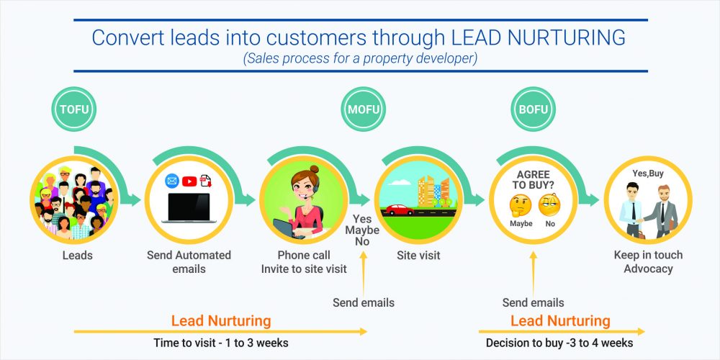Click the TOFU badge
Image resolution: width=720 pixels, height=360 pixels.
(x=73, y=109)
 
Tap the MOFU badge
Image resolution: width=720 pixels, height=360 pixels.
(x=363, y=109)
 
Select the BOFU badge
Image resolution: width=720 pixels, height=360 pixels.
(x=534, y=109)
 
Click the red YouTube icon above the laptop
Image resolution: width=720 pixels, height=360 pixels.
(x=189, y=181)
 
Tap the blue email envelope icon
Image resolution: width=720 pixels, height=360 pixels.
(x=172, y=181)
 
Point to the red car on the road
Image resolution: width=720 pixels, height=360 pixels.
(x=400, y=210)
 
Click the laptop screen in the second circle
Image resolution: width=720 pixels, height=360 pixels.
(x=189, y=207)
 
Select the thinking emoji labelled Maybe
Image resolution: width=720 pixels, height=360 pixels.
(x=521, y=205)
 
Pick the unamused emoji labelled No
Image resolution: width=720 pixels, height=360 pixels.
(x=549, y=205)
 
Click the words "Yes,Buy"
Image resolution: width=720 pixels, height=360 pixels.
(x=648, y=174)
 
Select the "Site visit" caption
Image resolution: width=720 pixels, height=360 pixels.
(x=418, y=256)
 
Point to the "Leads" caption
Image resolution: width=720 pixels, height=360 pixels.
(x=78, y=256)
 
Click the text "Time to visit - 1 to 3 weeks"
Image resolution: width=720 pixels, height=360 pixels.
(x=221, y=343)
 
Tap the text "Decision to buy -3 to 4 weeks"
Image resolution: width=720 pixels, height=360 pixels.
(x=559, y=343)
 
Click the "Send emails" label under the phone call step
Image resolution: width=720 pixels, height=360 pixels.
(x=363, y=302)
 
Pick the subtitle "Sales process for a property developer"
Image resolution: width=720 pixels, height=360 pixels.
(x=361, y=59)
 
